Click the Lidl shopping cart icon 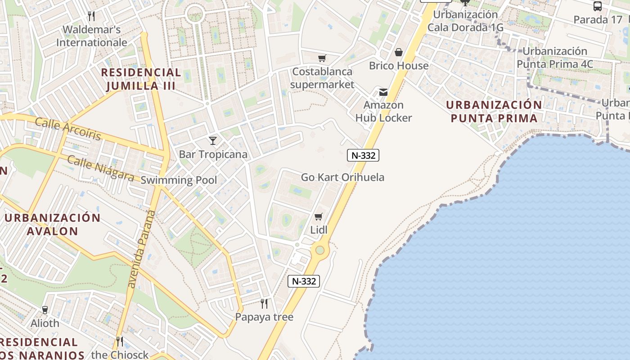click(319, 217)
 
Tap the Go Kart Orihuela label click(342, 177)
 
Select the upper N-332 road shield click(363, 155)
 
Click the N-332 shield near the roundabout click(304, 281)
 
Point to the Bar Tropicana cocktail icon click(213, 141)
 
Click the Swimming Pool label click(179, 180)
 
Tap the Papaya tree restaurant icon click(264, 304)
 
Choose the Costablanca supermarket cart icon click(322, 58)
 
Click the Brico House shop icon click(398, 52)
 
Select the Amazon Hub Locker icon click(383, 92)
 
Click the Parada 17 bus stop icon click(598, 6)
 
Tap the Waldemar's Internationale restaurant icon click(91, 16)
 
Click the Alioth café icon click(45, 310)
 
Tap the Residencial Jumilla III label click(140, 79)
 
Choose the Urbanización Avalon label click(53, 224)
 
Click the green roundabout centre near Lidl click(319, 250)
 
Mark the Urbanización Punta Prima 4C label click(554, 58)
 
